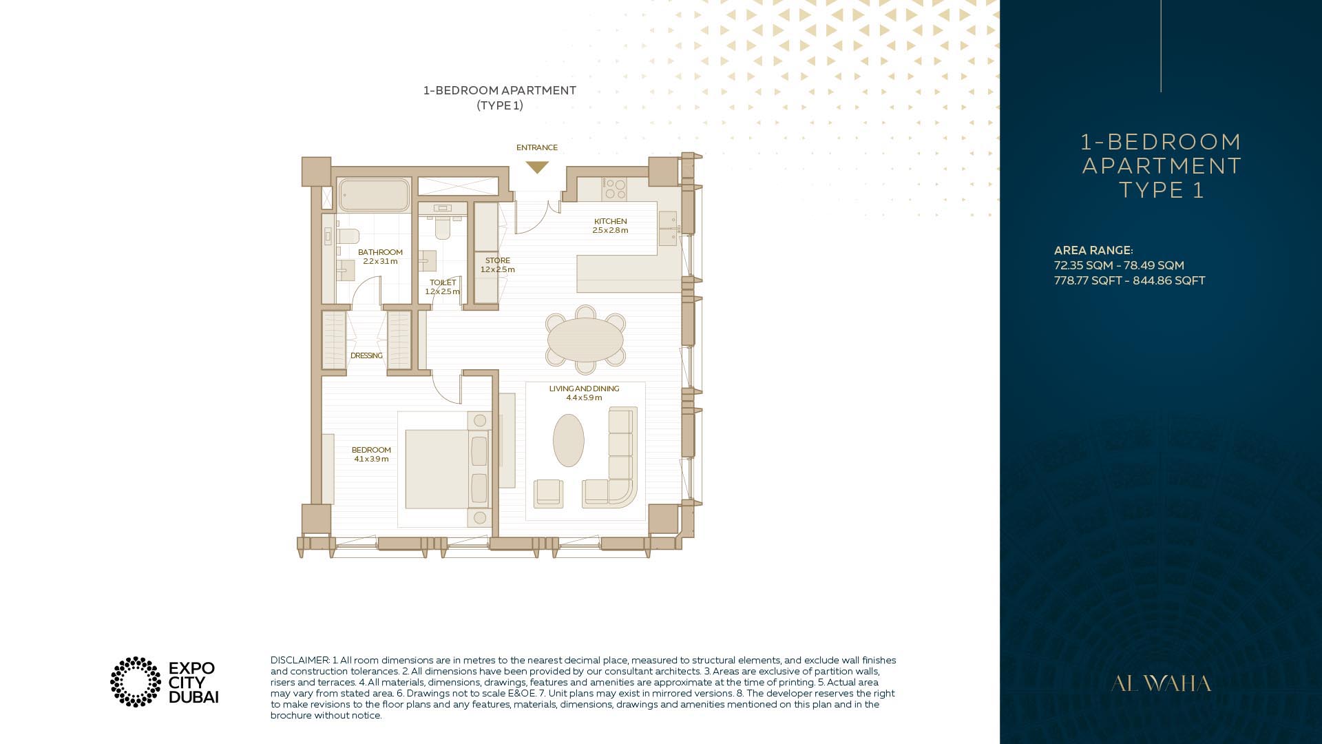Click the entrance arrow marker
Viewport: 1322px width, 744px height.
click(x=537, y=167)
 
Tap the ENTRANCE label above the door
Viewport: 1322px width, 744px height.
click(x=537, y=147)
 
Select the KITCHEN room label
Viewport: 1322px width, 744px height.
click(x=610, y=221)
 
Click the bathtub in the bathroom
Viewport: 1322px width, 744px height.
click(x=374, y=195)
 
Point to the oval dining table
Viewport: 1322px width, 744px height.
click(x=585, y=339)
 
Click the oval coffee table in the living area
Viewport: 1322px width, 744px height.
click(x=569, y=440)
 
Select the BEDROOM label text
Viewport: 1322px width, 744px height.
click(x=371, y=450)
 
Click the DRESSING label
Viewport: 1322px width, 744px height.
click(x=366, y=355)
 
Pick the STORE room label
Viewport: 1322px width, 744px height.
click(x=498, y=260)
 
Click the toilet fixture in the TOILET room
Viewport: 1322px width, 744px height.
click(x=442, y=227)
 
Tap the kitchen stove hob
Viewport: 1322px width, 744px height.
click(x=614, y=189)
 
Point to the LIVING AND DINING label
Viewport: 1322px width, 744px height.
click(x=584, y=389)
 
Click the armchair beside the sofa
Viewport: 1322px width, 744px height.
click(x=549, y=493)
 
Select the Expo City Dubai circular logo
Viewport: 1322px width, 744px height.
click(x=136, y=682)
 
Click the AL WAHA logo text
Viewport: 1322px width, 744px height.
click(x=1161, y=683)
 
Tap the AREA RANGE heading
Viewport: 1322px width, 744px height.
click(x=1093, y=250)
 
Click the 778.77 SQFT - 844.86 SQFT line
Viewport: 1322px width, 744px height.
click(x=1129, y=280)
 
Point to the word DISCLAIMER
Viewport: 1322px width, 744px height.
click(x=300, y=660)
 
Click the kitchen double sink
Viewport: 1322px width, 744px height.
click(x=668, y=228)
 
